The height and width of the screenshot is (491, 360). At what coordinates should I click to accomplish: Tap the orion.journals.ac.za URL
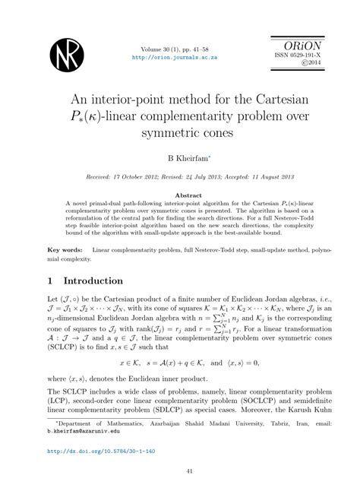point(180,56)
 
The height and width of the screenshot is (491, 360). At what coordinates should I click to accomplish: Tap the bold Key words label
point(66,249)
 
